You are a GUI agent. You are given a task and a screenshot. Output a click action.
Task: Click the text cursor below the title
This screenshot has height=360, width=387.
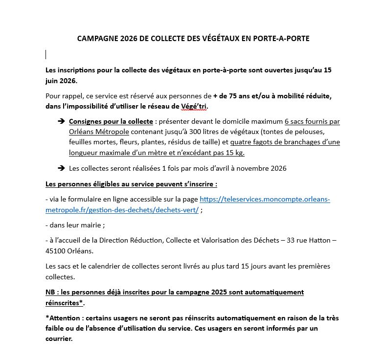46,54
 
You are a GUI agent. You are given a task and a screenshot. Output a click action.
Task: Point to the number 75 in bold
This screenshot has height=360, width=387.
228,95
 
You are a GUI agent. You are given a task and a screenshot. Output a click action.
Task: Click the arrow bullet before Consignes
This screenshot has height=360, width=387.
61,121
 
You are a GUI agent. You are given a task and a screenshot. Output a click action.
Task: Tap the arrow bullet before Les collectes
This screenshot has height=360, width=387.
61,168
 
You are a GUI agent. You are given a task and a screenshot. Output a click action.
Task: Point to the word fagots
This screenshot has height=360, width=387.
260,142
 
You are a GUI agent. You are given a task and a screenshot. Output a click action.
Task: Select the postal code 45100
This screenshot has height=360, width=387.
56,251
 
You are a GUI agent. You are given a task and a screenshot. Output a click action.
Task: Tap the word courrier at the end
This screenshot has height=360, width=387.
58,338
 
